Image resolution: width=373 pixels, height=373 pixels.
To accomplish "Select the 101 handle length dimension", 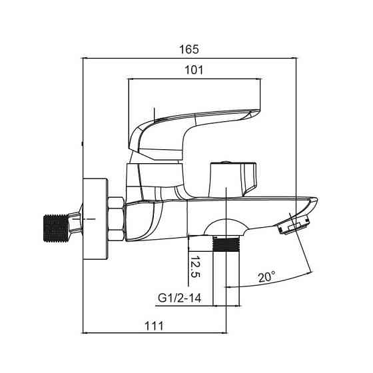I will [x=193, y=69].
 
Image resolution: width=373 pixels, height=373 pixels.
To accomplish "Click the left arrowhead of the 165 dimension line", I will [x=84, y=58].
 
